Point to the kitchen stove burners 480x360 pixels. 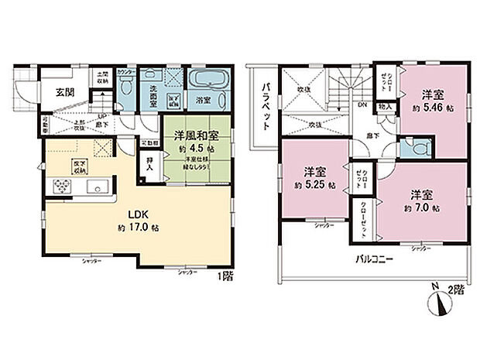pyautogui.click(x=59, y=187)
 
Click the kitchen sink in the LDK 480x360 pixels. pyautogui.click(x=98, y=187)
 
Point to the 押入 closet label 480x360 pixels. pyautogui.click(x=150, y=163)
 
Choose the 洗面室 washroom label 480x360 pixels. pyautogui.click(x=149, y=99)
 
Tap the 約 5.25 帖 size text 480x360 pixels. pyautogui.click(x=313, y=186)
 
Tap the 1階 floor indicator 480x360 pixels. pyautogui.click(x=223, y=276)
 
